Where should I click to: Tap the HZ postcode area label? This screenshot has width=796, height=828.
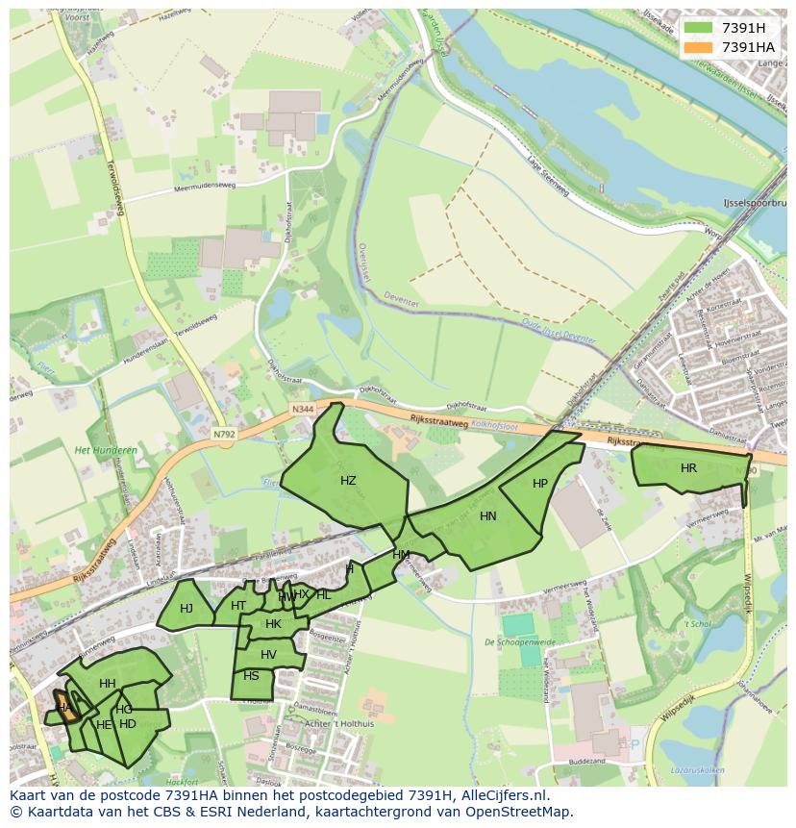coord(348,480)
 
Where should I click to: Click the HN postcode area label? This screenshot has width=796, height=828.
coord(488,516)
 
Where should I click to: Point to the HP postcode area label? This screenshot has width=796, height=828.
coord(540,484)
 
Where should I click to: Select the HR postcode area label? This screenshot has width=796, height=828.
coord(688,468)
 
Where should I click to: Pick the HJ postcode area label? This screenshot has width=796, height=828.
coord(187,608)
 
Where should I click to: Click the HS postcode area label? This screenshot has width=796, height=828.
coord(251,676)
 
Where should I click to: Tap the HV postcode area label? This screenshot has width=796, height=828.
coord(268,655)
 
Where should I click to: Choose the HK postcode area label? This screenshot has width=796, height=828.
coord(273,624)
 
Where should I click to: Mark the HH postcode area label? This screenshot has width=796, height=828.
coord(108,684)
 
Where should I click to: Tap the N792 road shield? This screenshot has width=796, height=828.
coord(224,435)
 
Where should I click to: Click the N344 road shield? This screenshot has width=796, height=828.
coord(303,409)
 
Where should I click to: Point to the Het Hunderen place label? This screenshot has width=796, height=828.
coord(106,450)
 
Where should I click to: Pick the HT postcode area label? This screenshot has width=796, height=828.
coord(238,605)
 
